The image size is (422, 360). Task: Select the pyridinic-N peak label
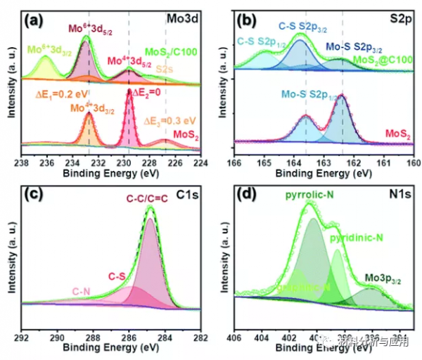(x=357, y=238)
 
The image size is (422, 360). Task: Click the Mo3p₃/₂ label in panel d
(x=383, y=279)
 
